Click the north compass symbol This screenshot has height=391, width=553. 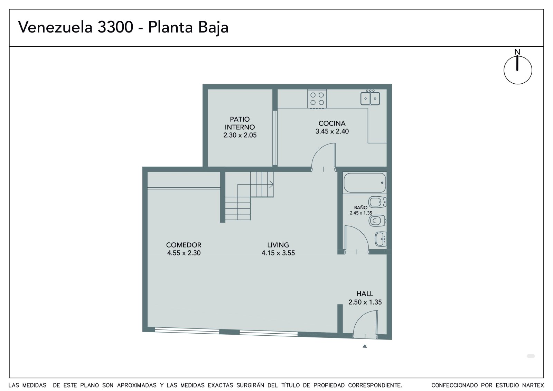[x=518, y=70]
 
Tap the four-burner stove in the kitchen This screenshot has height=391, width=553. [x=317, y=99]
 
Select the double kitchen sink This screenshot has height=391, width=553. [x=370, y=98]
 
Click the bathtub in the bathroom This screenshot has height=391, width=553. [x=365, y=183]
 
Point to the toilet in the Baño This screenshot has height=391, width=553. [x=377, y=221]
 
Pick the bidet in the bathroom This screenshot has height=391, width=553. [x=377, y=202]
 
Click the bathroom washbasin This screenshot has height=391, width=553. [x=381, y=239]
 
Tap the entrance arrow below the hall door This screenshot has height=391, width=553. [x=365, y=346]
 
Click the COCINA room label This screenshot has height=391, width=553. [x=332, y=123]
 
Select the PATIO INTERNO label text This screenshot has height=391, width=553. [x=240, y=123]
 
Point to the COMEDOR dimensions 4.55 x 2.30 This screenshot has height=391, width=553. [x=184, y=253]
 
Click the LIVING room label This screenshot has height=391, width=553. [x=278, y=245]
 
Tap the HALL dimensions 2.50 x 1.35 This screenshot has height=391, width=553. [x=365, y=302]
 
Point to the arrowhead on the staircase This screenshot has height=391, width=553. [x=272, y=184]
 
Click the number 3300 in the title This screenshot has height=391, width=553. [x=115, y=27]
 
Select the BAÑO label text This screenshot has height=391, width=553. [x=361, y=207]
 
